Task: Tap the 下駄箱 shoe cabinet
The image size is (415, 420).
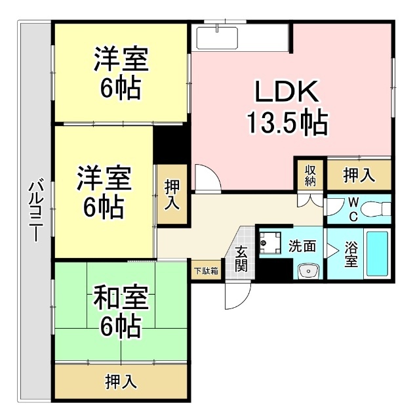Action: pyautogui.click(x=206, y=268)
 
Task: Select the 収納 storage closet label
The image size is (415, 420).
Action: pyautogui.click(x=310, y=175)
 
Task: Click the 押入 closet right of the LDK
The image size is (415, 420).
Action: pyautogui.click(x=359, y=175)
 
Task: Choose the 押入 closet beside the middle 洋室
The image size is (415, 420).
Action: pyautogui.click(x=172, y=195)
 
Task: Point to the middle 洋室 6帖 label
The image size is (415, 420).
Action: pyautogui.click(x=104, y=193)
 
